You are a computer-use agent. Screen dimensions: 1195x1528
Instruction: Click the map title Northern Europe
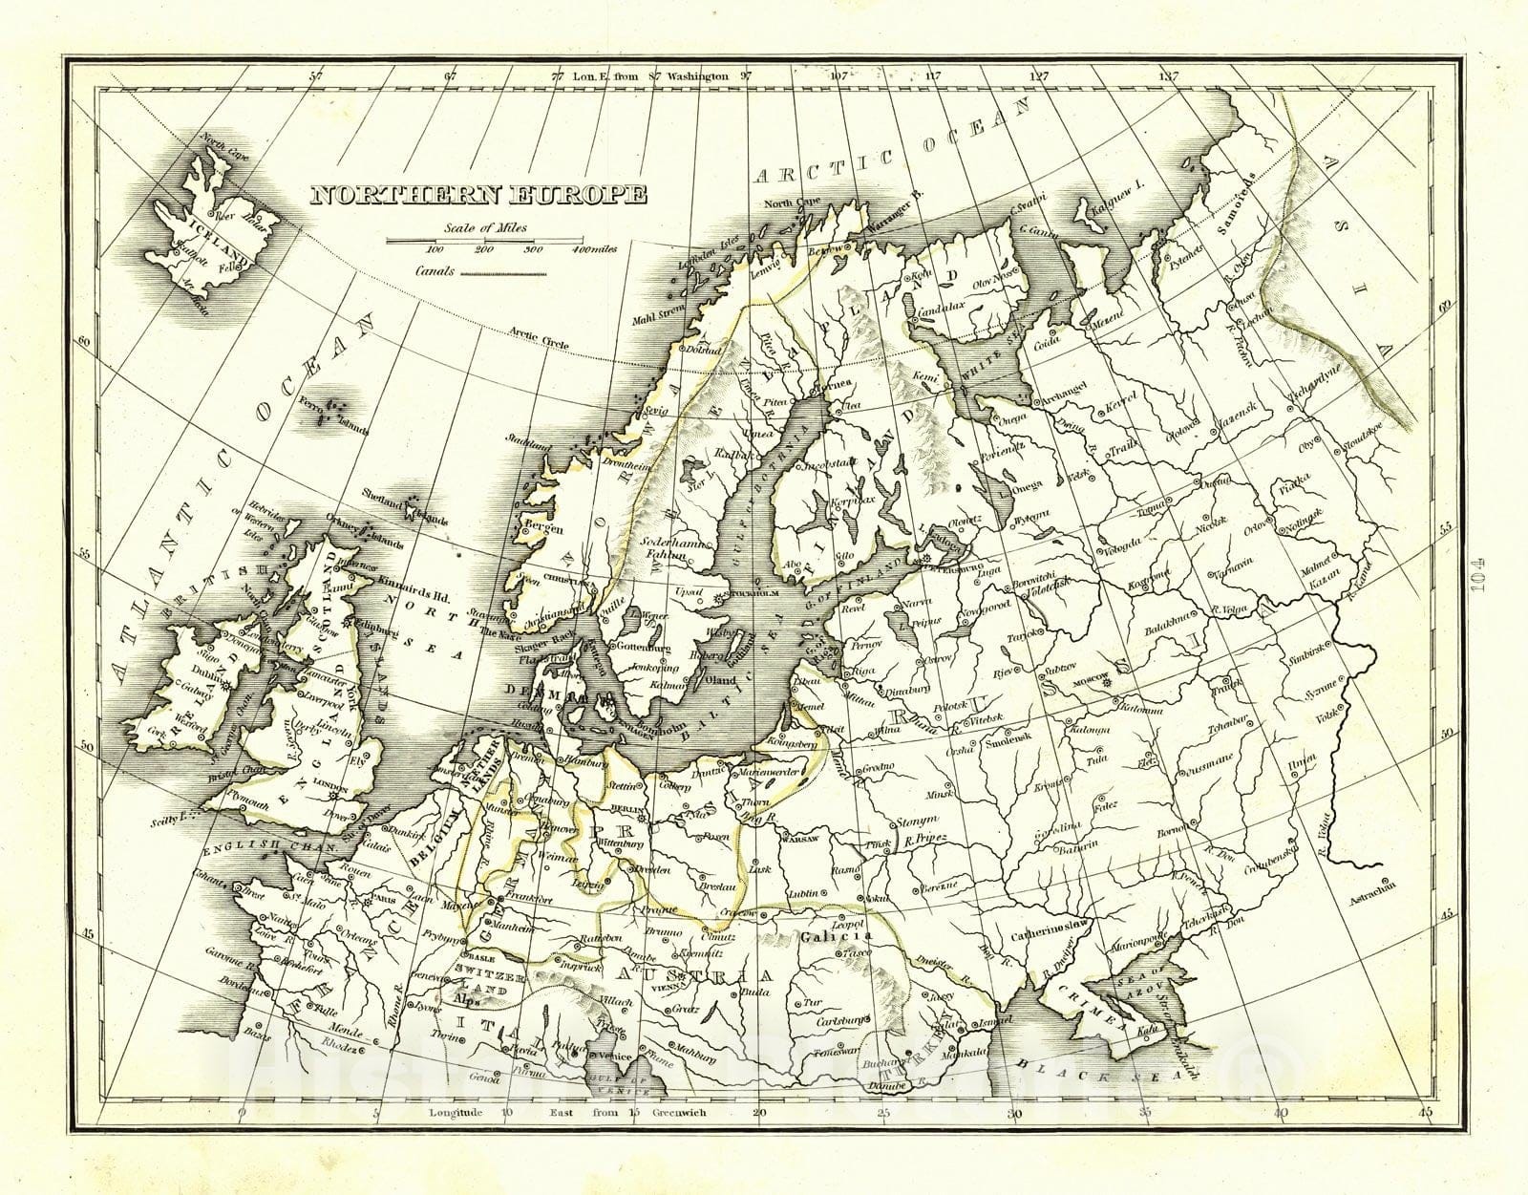[x=478, y=195]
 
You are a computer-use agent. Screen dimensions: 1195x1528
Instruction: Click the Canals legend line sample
[x=503, y=273]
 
